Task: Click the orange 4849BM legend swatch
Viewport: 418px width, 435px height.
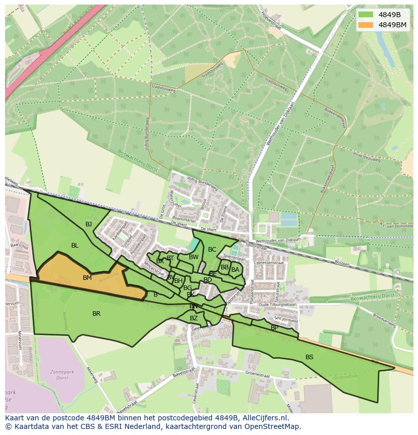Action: pos(367,25)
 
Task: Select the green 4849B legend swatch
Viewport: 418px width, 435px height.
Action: pos(367,14)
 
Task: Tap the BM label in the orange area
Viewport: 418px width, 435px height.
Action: pos(87,278)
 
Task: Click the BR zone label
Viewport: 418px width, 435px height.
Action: pos(96,314)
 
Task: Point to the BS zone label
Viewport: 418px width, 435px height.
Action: pos(309,357)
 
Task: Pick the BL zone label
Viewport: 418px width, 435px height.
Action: pos(75,246)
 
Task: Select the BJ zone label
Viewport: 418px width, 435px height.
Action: pos(88,224)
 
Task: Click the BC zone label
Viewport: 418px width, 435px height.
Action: pos(212,250)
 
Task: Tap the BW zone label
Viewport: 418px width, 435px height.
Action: pos(193,257)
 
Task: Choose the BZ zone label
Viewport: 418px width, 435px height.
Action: pos(194,318)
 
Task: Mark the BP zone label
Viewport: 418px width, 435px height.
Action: pos(274,328)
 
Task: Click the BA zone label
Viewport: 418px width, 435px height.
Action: pos(235,270)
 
